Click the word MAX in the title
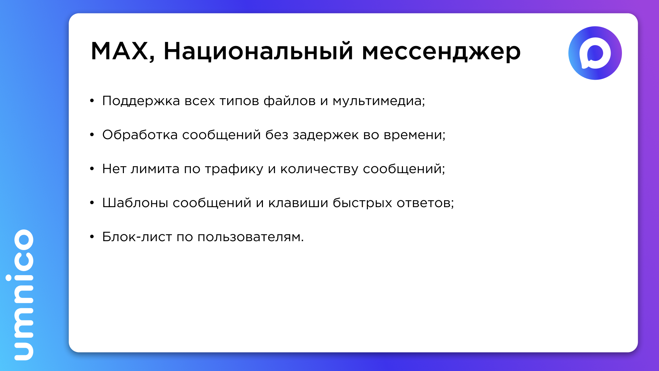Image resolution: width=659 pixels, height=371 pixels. click(x=119, y=51)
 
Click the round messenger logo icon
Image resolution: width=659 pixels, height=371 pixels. click(x=595, y=53)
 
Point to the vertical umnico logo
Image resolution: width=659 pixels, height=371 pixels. click(x=24, y=295)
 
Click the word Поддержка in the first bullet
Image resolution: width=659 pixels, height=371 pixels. click(x=141, y=101)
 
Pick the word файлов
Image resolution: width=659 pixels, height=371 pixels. click(x=290, y=101)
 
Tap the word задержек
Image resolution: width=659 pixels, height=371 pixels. click(x=326, y=135)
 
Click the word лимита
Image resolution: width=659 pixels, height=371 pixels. click(x=155, y=169)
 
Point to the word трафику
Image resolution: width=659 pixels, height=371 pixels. click(x=234, y=169)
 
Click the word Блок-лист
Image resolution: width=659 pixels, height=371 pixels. click(x=137, y=237)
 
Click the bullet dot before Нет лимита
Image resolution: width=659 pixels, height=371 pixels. click(x=92, y=169)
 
